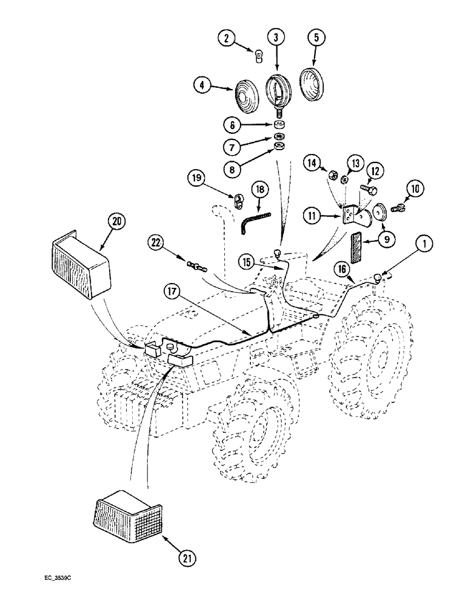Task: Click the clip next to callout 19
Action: tap(238, 198)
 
